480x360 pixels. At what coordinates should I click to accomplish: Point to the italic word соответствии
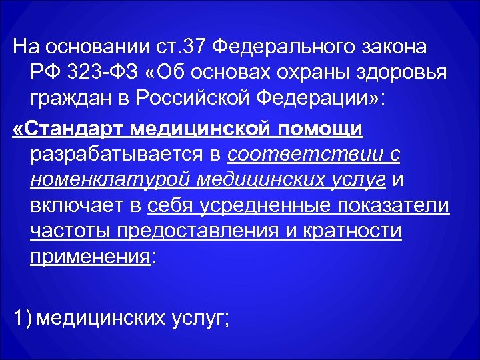(305, 153)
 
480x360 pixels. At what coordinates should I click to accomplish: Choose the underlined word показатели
(399, 205)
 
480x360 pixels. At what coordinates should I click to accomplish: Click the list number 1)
(23, 318)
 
